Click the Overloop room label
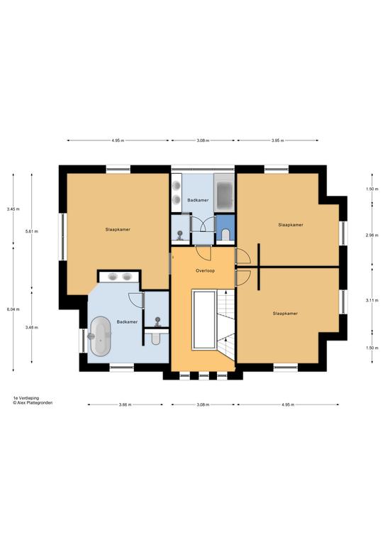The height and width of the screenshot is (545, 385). tap(205, 270)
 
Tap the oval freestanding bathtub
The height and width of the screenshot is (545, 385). tap(101, 336)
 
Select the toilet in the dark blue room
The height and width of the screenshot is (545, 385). tap(225, 235)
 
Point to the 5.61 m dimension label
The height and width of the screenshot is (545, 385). tap(32, 231)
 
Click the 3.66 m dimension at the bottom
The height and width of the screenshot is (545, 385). tap(125, 404)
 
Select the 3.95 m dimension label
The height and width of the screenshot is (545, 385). tap(278, 141)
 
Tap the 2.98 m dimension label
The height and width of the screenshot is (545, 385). tap(372, 236)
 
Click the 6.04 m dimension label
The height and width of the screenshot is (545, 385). tap(13, 309)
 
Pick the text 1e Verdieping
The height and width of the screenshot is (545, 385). tap(26, 398)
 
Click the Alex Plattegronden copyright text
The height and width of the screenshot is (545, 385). tap(33, 403)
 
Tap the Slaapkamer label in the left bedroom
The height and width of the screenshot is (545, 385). tap(118, 229)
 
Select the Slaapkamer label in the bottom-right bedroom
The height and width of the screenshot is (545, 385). tap(285, 313)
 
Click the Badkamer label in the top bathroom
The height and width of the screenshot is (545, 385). tap(198, 200)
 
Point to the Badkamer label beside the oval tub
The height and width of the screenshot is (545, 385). tap(127, 322)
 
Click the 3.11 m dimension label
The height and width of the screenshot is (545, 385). tap(372, 300)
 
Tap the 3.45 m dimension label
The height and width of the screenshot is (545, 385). tap(13, 209)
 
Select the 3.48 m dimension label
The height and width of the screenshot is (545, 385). tap(32, 327)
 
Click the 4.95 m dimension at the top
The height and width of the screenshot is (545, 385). tap(118, 141)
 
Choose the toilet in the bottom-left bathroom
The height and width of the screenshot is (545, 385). tap(156, 338)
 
